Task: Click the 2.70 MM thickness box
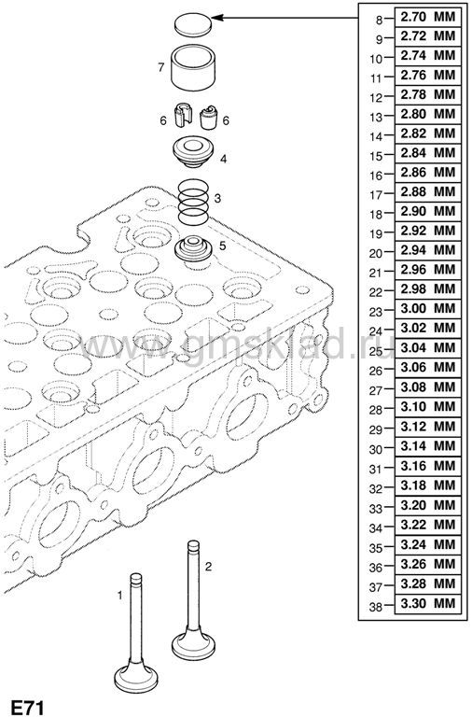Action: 427,17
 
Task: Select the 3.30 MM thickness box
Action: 427,604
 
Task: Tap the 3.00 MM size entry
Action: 427,309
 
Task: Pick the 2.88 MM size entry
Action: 427,191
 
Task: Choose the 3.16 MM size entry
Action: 427,466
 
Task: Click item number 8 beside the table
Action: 379,21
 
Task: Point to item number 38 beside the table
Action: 376,607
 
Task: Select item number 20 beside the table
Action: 376,254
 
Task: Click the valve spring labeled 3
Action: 193,202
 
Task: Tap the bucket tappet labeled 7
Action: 193,66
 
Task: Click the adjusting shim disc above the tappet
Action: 193,24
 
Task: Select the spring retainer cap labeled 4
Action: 193,152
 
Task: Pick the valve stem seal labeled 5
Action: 194,250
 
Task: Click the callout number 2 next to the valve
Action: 208,567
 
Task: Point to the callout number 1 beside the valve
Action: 119,596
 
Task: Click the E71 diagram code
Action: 28,708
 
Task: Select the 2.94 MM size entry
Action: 427,250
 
